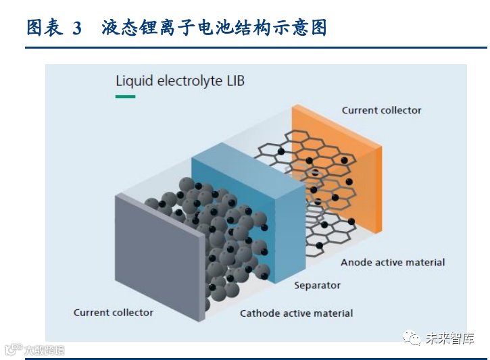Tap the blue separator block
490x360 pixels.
[x=247, y=203]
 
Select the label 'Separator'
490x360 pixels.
[x=317, y=285]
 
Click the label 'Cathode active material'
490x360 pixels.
[x=296, y=313]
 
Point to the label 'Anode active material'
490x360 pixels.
[x=393, y=262]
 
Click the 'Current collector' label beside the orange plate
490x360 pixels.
[x=381, y=110]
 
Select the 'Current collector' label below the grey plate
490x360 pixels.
[x=113, y=313]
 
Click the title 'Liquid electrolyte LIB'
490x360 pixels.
[x=180, y=82]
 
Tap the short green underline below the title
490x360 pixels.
[x=125, y=97]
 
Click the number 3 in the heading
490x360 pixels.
[x=76, y=28]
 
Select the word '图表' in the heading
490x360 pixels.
[x=45, y=28]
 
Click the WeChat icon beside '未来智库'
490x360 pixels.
[x=411, y=338]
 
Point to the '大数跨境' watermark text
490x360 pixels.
[x=44, y=350]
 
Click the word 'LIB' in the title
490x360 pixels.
[x=233, y=82]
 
